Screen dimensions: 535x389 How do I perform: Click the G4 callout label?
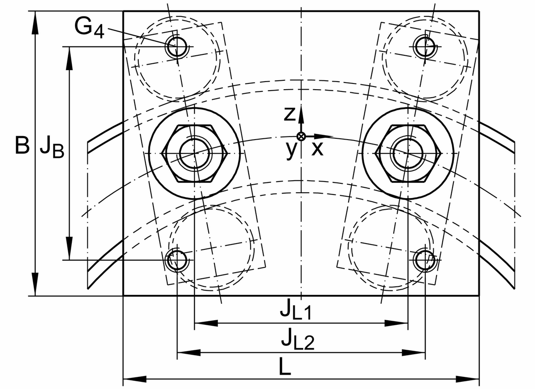(89, 28)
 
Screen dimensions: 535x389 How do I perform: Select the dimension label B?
(22, 145)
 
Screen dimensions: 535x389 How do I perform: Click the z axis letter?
(289, 114)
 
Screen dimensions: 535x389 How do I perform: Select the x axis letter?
(317, 149)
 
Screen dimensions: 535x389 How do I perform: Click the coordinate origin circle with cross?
(301, 137)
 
